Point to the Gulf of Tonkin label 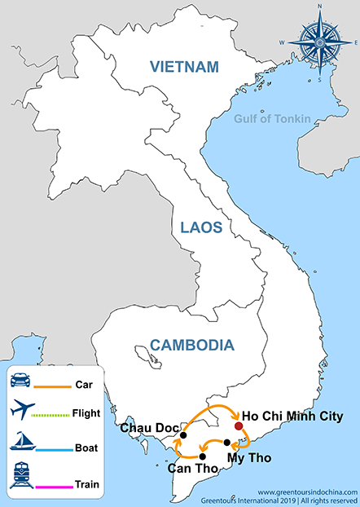[272, 119]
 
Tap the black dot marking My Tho [227, 442]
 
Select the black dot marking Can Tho [202, 456]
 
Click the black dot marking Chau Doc [183, 434]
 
